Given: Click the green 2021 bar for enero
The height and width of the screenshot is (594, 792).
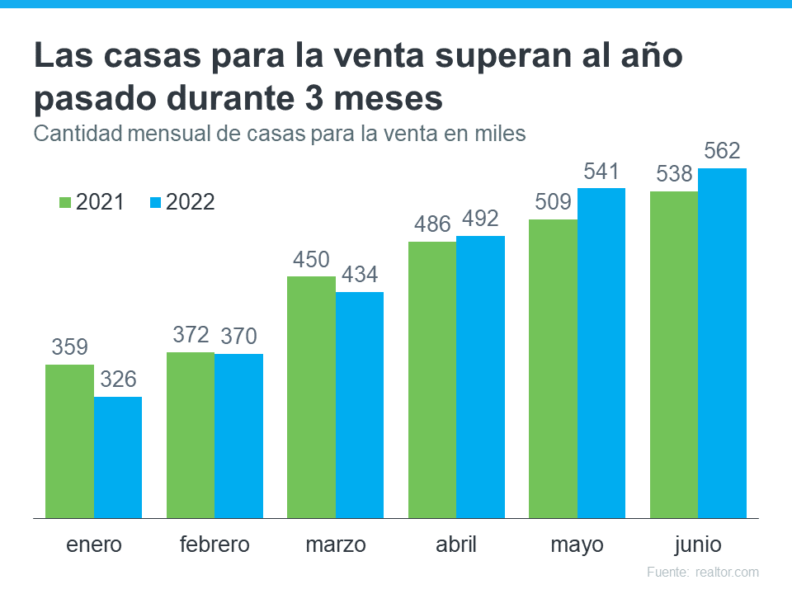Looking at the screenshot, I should [x=69, y=441].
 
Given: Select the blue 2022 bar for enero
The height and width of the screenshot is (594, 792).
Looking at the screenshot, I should [x=118, y=457].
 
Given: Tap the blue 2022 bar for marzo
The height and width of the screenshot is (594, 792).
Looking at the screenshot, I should [x=360, y=404].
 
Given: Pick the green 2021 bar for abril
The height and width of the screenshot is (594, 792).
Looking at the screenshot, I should [x=432, y=379].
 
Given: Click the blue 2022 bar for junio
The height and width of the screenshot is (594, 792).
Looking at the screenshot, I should [x=723, y=342].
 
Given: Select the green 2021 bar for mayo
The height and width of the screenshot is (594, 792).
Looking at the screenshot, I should [x=553, y=368].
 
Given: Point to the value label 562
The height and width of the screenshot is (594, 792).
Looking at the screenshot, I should [x=722, y=152].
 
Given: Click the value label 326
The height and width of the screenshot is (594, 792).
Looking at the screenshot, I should [x=118, y=380].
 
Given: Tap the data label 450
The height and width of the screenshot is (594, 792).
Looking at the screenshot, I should [x=311, y=260].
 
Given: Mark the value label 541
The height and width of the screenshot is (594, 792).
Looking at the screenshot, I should [x=601, y=172].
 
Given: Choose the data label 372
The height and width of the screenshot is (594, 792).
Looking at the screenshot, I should [x=191, y=335].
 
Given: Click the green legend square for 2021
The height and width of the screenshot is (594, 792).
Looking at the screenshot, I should [x=65, y=202].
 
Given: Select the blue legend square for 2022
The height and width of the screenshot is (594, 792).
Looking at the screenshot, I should [x=155, y=202].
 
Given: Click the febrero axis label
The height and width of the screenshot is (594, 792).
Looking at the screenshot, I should [x=214, y=545].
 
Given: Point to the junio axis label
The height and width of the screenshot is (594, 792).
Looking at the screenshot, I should [x=698, y=545].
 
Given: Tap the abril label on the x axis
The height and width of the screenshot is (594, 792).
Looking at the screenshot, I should [x=456, y=545].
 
